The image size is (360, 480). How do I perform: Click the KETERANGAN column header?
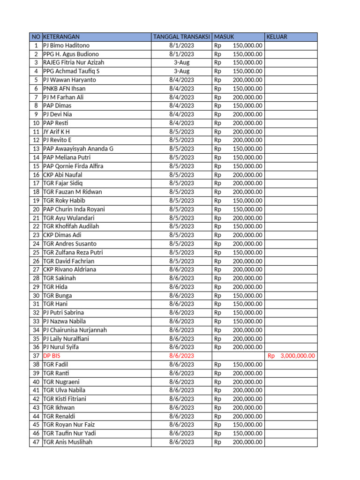coord(61,37)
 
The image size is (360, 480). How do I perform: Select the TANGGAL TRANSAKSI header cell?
coord(181,37)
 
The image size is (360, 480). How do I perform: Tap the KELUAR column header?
coord(277,37)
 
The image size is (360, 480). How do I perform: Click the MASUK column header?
coord(224,37)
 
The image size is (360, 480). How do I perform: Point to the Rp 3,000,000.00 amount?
coord(291,356)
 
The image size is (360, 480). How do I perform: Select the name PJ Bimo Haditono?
coord(66,45)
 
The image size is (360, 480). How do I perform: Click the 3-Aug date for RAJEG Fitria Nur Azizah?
coord(181,63)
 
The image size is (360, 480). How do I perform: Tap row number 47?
coord(36,442)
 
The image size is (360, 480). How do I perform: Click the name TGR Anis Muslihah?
coord(67,442)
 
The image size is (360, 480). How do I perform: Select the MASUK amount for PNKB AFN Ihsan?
coord(239,89)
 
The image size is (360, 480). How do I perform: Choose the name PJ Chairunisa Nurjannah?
coord(75,330)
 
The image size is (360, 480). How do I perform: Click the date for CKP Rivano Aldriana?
coord(181,270)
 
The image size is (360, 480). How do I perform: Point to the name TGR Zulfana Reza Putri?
coord(73,252)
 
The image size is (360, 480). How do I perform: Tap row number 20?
coord(36,209)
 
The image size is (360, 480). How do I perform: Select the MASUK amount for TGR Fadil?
coord(239,364)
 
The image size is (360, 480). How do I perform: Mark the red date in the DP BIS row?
coord(181,356)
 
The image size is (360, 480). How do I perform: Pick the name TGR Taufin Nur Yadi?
coord(69,433)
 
